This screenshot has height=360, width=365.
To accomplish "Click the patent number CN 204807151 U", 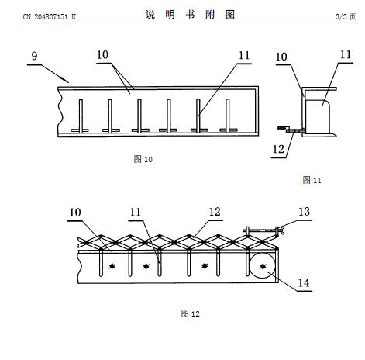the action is point(49,17).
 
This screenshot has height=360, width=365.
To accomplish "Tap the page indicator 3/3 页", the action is point(346,17).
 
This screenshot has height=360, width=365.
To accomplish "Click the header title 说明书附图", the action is point(190,15).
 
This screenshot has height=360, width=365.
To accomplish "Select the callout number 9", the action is point(34,56).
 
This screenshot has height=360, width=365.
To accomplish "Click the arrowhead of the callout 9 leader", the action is point(65,80).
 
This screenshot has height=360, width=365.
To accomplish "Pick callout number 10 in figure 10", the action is point(102,55).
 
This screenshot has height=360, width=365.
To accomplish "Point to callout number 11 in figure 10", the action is point(244,55).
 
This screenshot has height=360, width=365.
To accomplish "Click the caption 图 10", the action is point(143,159).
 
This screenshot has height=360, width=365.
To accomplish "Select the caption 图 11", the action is point(312,180).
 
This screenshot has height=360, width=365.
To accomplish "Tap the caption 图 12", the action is point(191,313).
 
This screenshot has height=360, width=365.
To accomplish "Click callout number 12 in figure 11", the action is point(278,149).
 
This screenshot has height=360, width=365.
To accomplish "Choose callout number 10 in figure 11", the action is point(281,57).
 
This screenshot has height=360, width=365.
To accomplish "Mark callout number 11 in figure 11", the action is point(346,54).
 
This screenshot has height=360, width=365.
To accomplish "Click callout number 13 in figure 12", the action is point(305,212).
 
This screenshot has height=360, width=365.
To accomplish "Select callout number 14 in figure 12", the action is point(304,283).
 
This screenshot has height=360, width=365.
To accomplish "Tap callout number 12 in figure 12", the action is point(215,212).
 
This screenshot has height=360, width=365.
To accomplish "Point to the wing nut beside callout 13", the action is point(280,230).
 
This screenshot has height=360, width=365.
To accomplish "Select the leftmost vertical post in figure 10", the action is point(81,116).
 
